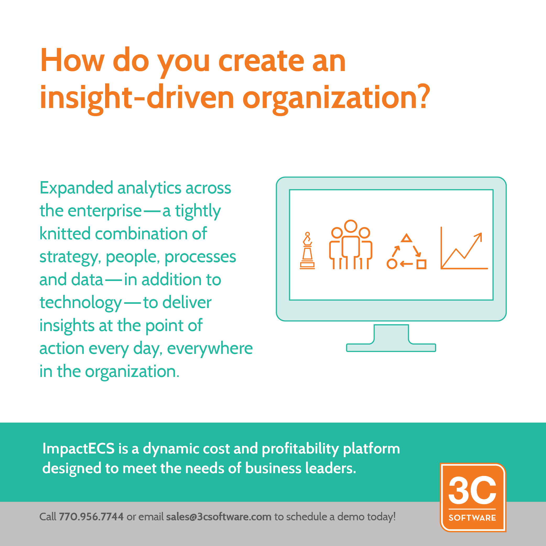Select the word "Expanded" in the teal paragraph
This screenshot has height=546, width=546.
click(x=76, y=188)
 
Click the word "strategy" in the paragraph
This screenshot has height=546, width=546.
click(x=69, y=257)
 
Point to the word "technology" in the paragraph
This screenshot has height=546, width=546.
click(x=81, y=303)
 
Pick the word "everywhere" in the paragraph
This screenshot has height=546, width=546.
click(x=210, y=348)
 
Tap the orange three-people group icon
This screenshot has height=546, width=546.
click(x=350, y=245)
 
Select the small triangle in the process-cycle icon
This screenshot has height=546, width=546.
click(x=406, y=238)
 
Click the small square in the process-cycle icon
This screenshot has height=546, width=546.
click(x=421, y=264)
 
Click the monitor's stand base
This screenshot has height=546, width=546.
click(x=391, y=347)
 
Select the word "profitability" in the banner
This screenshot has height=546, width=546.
click(x=300, y=449)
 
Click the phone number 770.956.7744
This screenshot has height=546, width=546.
click(x=91, y=517)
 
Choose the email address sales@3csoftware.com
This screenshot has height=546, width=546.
click(x=218, y=517)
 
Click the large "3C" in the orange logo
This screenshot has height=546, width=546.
click(x=472, y=490)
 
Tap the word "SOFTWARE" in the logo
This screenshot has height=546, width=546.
click(x=472, y=517)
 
